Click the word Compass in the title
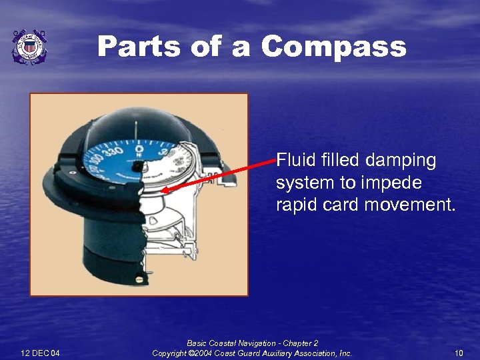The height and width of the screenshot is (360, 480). [333, 47]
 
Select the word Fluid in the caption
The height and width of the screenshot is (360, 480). [293, 160]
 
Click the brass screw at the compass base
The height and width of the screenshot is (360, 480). [139, 279]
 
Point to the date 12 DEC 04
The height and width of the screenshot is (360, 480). [40, 353]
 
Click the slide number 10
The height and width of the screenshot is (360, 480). [459, 353]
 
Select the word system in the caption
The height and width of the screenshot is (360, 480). [298, 183]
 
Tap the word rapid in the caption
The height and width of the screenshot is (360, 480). [295, 205]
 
